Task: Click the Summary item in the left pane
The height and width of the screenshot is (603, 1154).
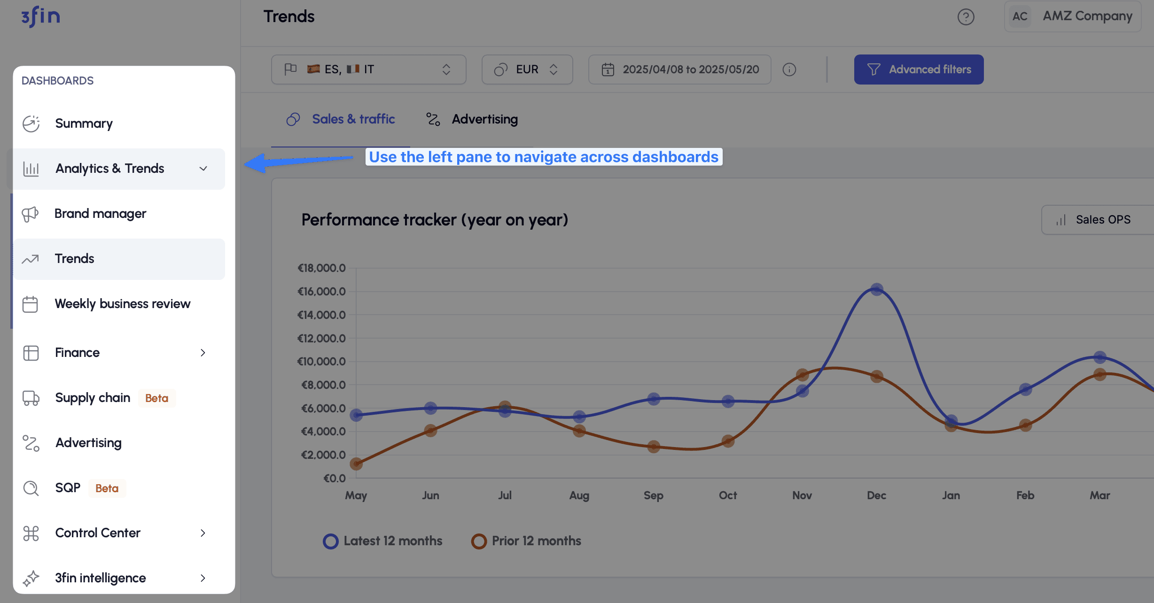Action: (84, 124)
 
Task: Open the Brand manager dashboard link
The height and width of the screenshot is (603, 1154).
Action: (100, 214)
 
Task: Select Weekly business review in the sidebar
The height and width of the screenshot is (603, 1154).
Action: (122, 304)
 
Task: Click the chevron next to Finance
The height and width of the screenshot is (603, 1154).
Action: (203, 353)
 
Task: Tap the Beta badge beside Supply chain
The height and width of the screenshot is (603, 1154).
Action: (156, 398)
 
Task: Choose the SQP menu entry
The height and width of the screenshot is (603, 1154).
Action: (68, 488)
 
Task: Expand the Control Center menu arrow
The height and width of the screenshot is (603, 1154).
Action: (203, 533)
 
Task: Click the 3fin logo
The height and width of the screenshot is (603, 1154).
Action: (41, 17)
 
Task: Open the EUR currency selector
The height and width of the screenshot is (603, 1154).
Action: (527, 70)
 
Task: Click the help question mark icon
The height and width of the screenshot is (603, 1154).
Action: (966, 17)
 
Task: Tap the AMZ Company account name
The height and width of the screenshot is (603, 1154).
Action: (1087, 16)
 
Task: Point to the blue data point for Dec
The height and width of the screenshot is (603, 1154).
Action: (876, 289)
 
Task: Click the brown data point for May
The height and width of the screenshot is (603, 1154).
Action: (356, 464)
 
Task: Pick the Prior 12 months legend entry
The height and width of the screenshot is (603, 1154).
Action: (526, 541)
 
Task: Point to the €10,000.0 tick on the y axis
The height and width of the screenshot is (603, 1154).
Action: (322, 362)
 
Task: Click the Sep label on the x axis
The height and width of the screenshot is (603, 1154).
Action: (653, 495)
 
